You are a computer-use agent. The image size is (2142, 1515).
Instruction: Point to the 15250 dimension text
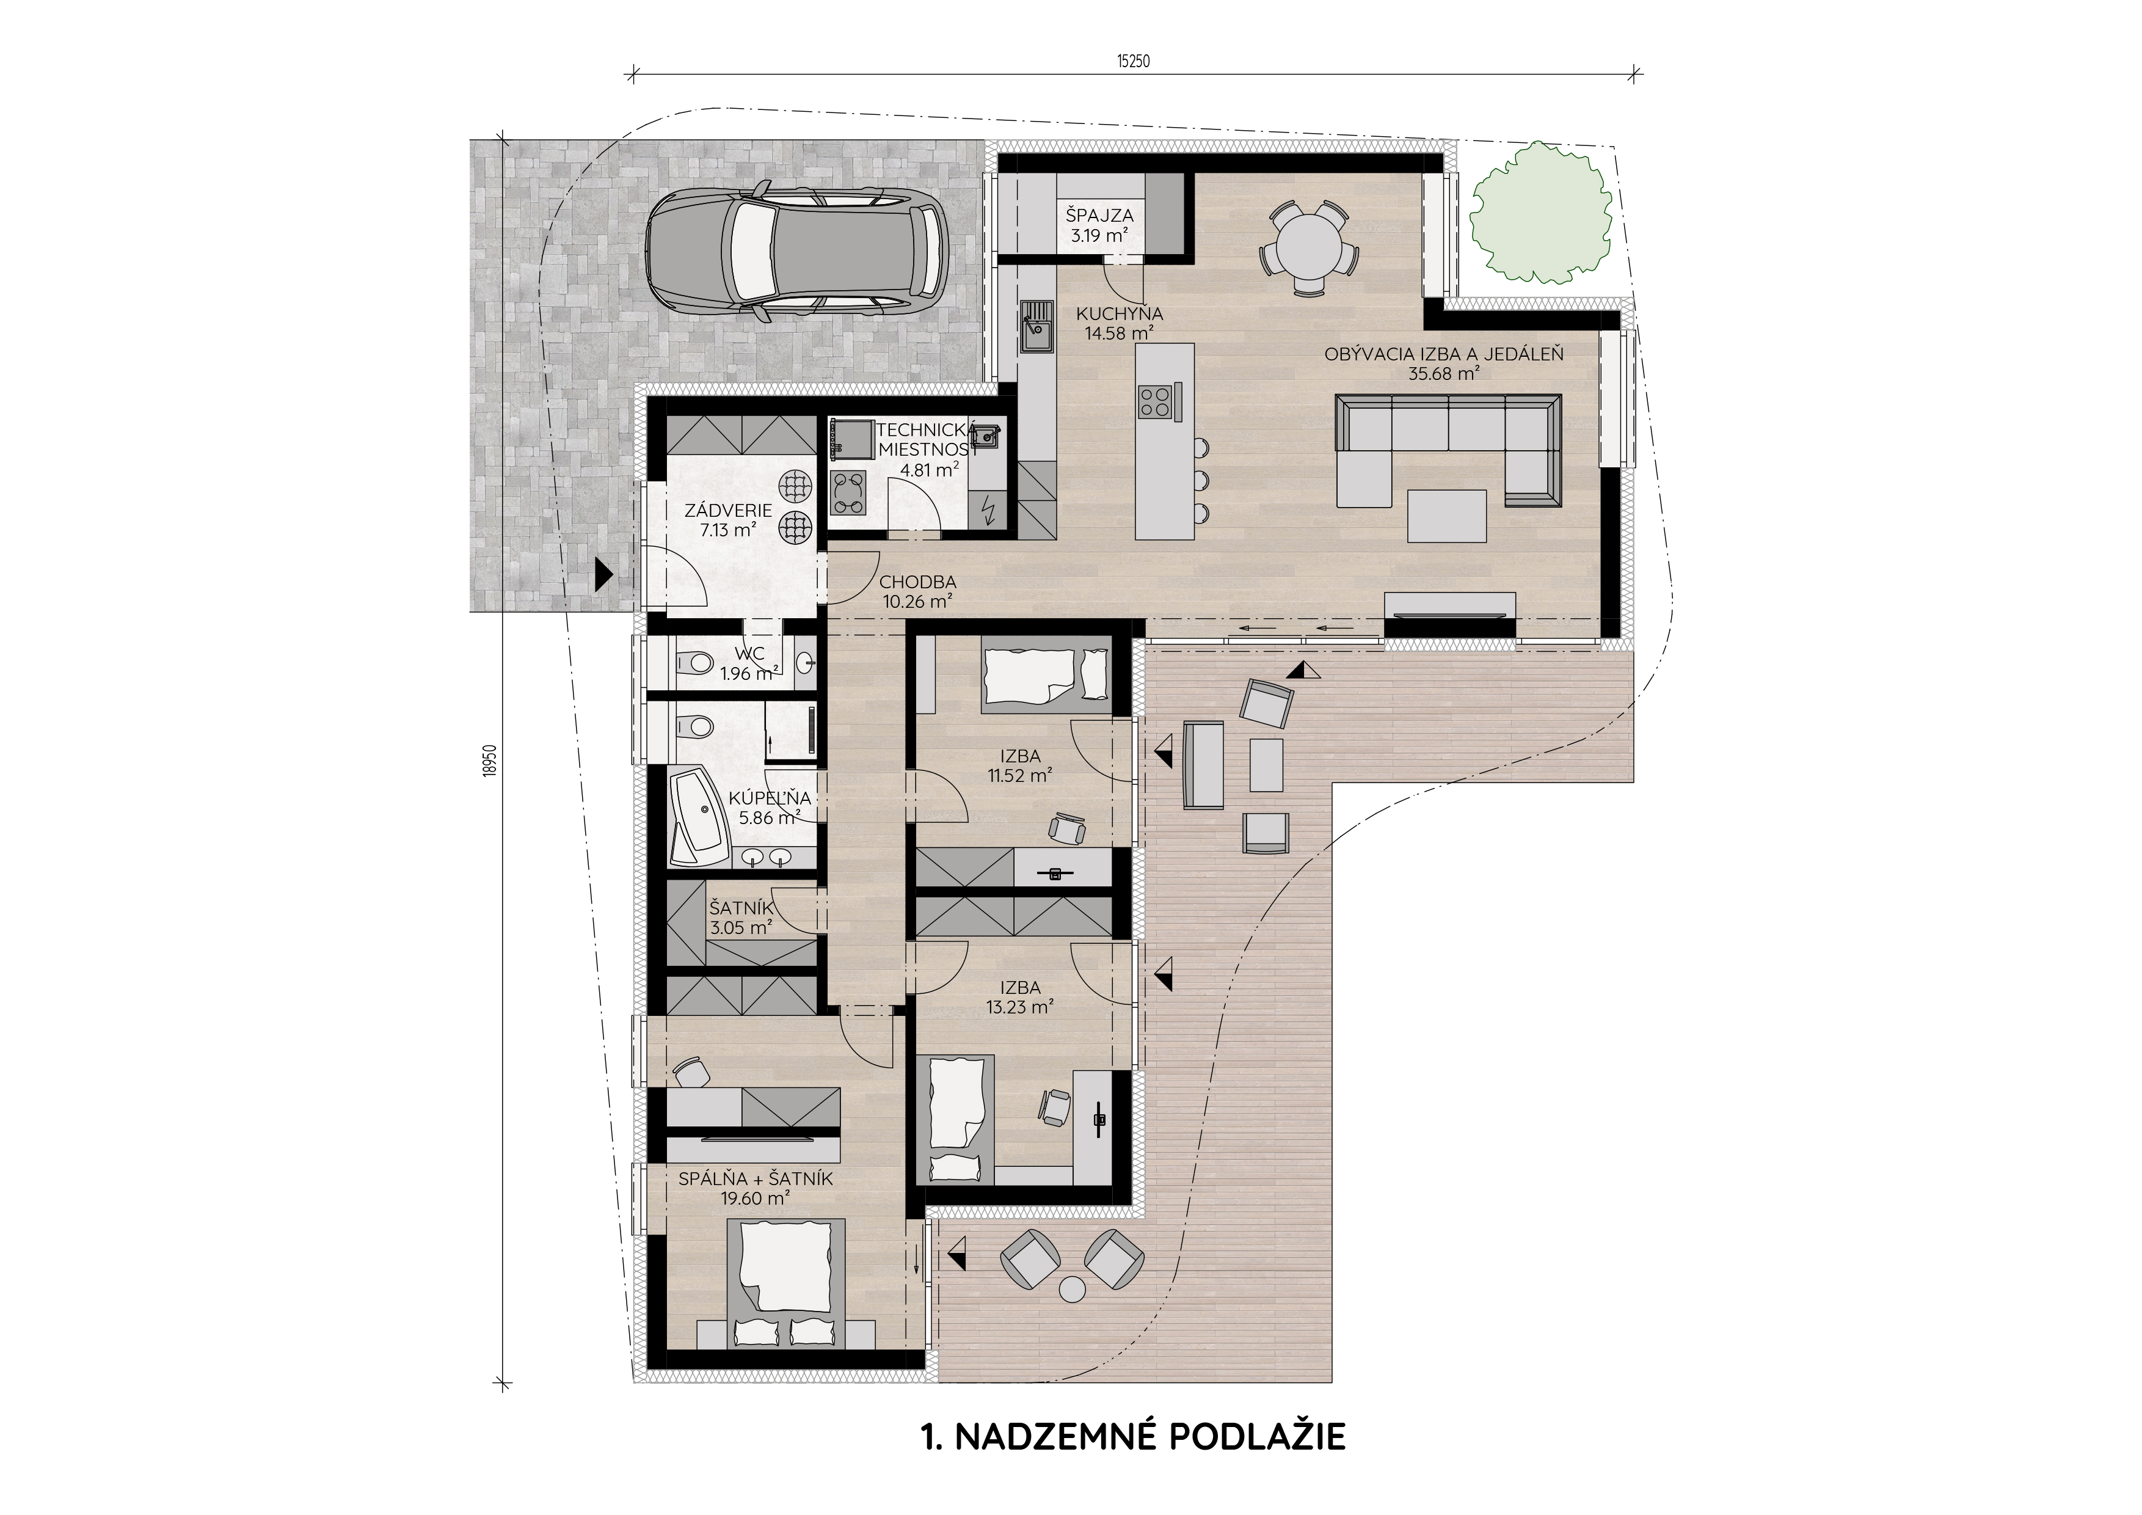click(x=1134, y=62)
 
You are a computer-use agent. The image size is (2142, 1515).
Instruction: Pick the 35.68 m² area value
click(x=1444, y=374)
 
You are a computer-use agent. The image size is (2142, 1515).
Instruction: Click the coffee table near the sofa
click(x=1446, y=516)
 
